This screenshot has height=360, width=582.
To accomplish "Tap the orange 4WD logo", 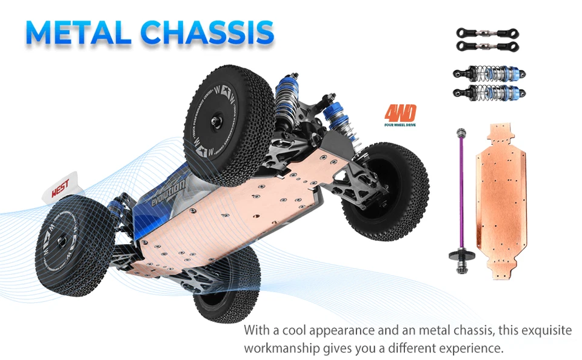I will (400, 114).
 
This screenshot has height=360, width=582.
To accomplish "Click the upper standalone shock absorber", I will (489, 74).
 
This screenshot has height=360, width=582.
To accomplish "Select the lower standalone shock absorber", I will (489, 92).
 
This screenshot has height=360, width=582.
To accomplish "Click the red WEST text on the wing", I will (60, 187).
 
